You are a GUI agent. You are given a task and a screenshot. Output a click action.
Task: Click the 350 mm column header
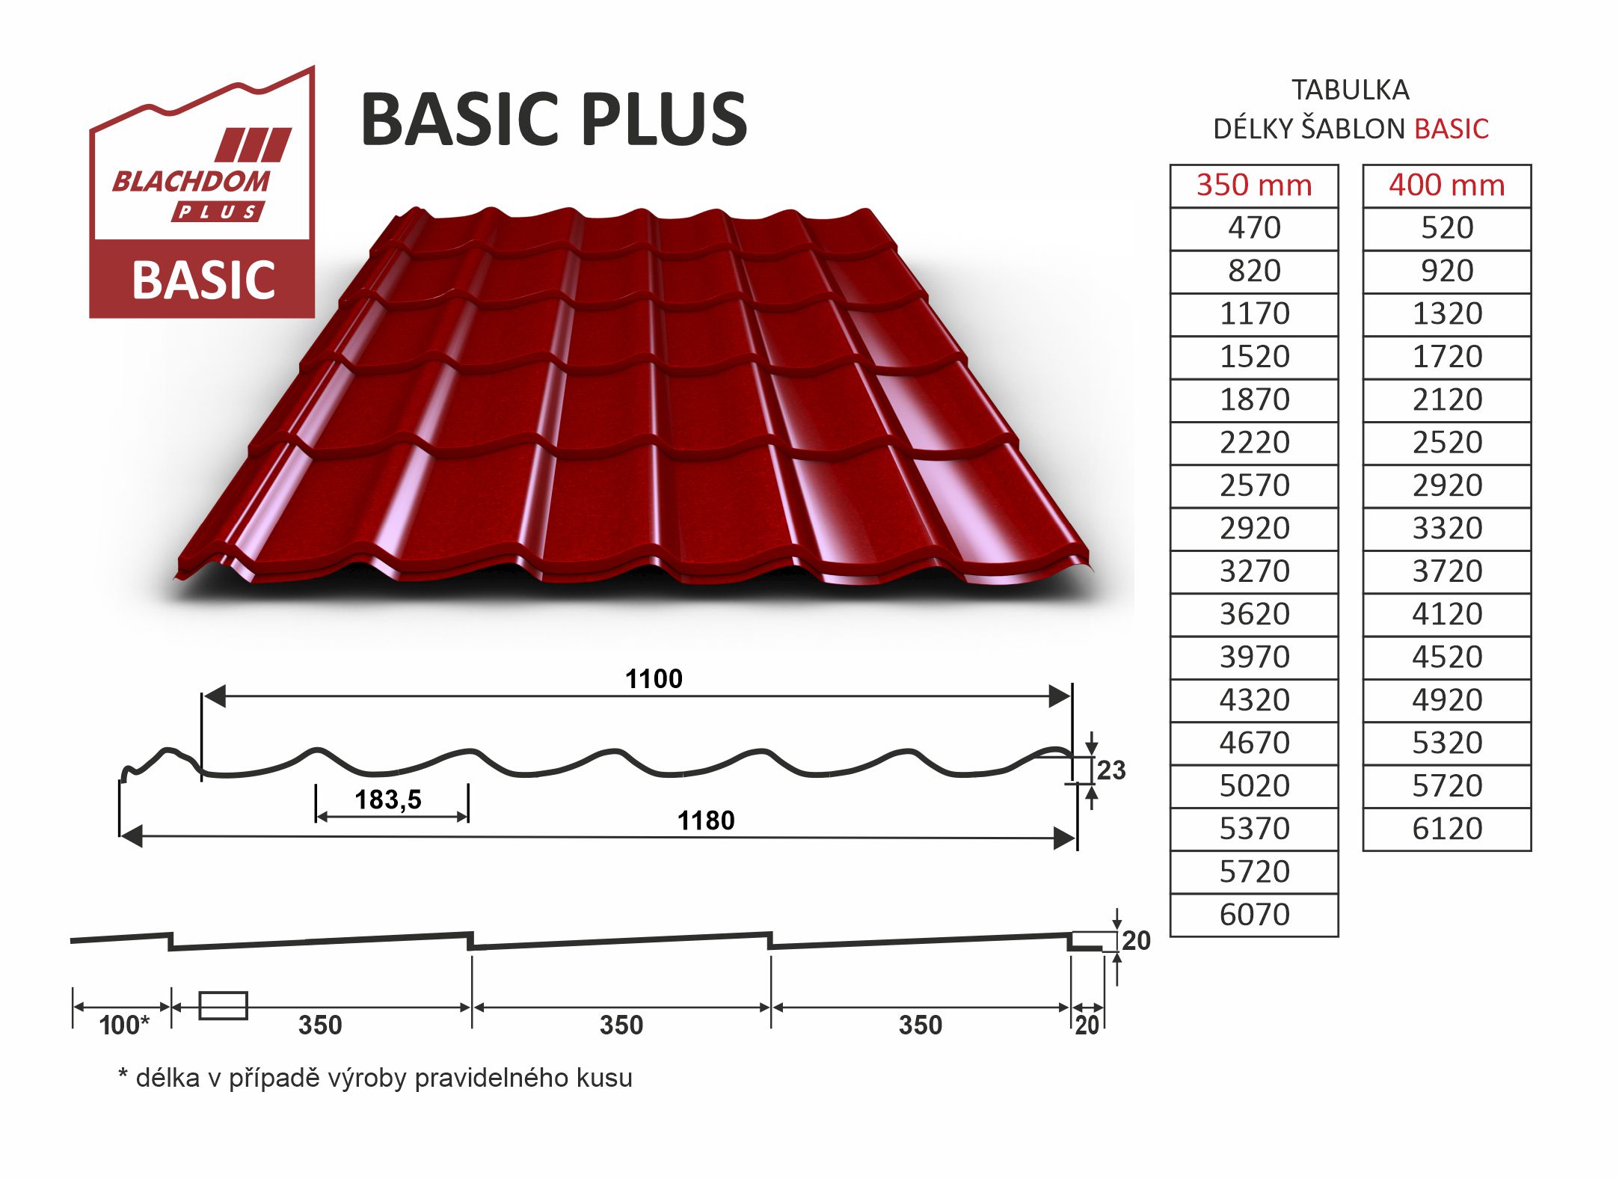tap(1254, 185)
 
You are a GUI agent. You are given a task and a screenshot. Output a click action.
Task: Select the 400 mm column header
tap(1447, 185)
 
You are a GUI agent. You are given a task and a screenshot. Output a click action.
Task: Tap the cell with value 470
tap(1254, 228)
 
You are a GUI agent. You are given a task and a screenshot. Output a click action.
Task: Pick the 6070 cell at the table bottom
tap(1254, 915)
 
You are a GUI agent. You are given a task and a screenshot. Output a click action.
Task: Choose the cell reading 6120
tap(1447, 829)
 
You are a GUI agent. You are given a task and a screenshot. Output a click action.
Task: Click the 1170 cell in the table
tap(1254, 314)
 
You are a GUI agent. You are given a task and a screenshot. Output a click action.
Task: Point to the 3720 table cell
tap(1447, 571)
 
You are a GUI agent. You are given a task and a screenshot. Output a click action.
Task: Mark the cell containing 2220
tap(1254, 443)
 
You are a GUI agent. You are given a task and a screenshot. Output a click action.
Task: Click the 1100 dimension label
tap(654, 679)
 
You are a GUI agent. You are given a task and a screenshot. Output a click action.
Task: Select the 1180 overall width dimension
tap(706, 820)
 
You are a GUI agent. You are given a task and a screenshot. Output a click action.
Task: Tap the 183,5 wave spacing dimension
tap(388, 800)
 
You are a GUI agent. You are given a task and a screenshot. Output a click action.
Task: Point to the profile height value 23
tap(1111, 770)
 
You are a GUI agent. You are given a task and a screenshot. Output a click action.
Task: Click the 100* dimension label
tap(124, 1025)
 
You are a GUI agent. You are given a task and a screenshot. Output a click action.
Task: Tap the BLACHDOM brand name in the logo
tap(191, 182)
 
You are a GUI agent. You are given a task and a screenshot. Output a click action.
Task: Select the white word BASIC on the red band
tap(203, 280)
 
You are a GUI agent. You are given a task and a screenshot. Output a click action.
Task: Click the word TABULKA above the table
tap(1351, 91)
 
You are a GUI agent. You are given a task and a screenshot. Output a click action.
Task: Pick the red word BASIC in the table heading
tap(1451, 129)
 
